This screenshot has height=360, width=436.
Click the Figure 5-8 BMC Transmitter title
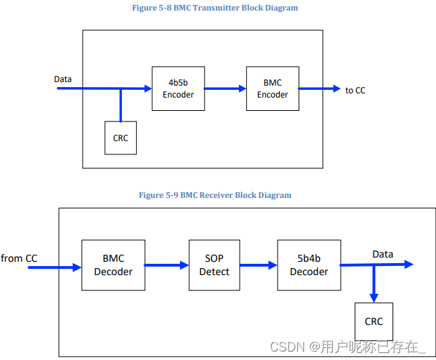click(x=214, y=8)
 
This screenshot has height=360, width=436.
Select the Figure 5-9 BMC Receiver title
click(x=215, y=195)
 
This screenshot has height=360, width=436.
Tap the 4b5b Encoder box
click(x=178, y=88)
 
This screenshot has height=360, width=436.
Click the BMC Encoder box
click(x=273, y=88)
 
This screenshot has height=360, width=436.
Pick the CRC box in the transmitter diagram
click(x=121, y=138)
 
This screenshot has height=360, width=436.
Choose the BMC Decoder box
click(x=113, y=265)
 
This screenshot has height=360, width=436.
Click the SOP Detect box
click(x=214, y=265)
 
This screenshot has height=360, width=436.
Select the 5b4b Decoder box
click(x=308, y=265)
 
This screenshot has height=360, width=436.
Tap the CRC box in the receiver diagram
click(x=374, y=321)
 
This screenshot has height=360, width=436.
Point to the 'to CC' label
click(x=355, y=90)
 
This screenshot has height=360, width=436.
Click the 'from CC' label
click(x=20, y=258)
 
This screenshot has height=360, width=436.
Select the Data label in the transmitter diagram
click(x=63, y=79)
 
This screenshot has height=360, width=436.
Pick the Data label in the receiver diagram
click(x=383, y=254)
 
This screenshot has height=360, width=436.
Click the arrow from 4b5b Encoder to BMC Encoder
click(x=225, y=89)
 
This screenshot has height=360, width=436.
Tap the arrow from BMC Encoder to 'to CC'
click(x=319, y=89)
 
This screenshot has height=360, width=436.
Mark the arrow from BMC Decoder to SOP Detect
click(x=166, y=265)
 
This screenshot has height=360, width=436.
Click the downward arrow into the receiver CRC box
click(x=374, y=284)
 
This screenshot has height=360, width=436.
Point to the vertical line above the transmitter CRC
click(x=121, y=105)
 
